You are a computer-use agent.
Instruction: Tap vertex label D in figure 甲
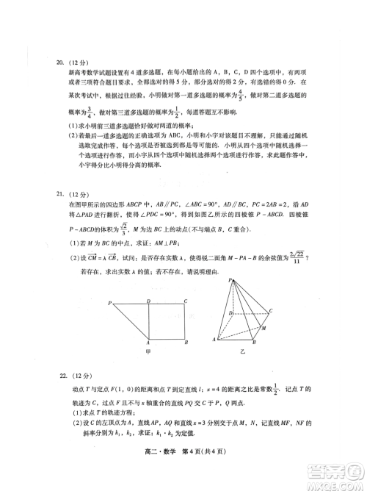(x=149, y=301)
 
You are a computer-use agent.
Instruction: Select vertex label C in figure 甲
(x=186, y=301)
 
